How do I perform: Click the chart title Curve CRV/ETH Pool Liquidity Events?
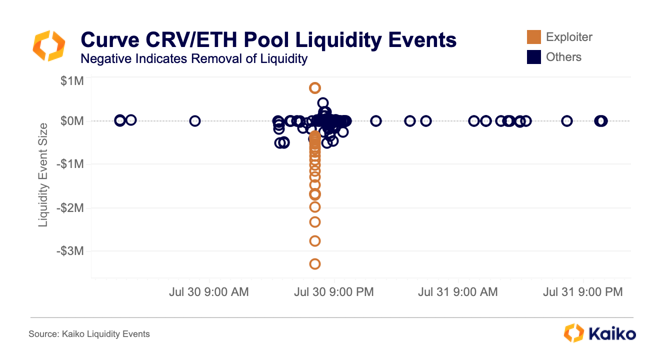[x=268, y=39]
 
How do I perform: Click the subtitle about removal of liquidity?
[x=193, y=58]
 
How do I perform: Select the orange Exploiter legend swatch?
[x=534, y=37]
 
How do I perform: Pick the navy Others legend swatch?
[x=534, y=57]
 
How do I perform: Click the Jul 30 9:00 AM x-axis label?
[x=209, y=292]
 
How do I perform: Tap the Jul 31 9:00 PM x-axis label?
[x=583, y=292]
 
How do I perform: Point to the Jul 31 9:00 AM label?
[x=458, y=292]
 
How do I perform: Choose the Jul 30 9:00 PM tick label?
[x=334, y=292]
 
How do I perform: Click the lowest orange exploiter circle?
[x=315, y=263]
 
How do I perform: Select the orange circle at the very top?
[x=315, y=88]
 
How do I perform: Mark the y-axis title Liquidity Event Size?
[x=44, y=175]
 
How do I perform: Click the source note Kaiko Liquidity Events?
[x=89, y=333]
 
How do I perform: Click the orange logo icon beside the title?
[x=48, y=45]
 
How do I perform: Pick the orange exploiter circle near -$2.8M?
[x=315, y=241]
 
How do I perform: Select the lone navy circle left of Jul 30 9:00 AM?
[x=195, y=121]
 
